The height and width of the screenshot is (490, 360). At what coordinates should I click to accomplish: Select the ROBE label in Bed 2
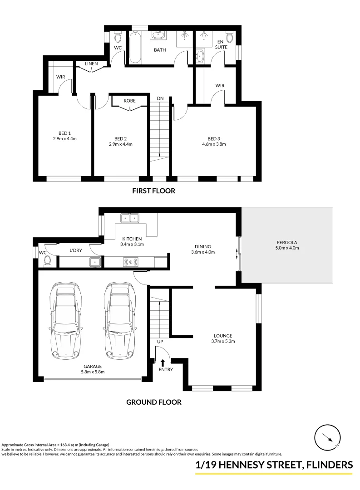130,101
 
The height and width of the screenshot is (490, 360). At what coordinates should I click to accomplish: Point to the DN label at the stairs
160,98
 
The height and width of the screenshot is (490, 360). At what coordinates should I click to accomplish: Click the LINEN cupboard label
91,64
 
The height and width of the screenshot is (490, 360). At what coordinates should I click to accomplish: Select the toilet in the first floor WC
118,36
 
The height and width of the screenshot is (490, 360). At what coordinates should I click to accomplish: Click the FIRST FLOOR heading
153,191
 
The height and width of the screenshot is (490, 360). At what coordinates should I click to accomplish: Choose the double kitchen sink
130,218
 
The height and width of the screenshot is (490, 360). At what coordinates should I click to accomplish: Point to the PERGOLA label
287,242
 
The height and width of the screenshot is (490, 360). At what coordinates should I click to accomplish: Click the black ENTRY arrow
163,362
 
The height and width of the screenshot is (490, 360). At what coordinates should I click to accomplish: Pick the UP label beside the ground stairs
160,342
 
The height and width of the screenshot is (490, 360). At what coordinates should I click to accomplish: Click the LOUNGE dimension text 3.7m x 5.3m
223,341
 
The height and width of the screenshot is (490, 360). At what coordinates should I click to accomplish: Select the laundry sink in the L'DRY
95,261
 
